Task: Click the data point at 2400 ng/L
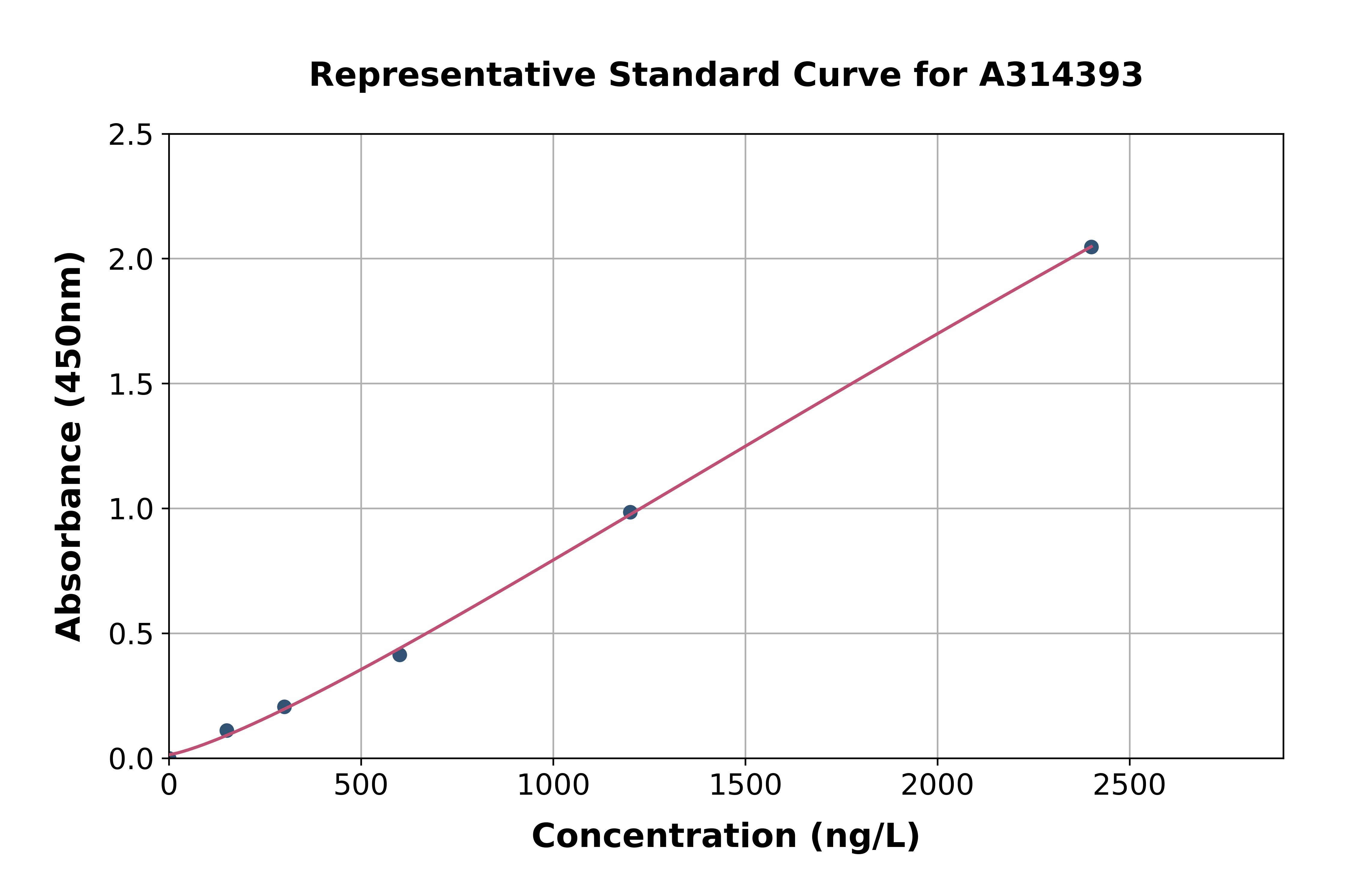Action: click(x=1091, y=247)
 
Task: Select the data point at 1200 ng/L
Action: click(x=630, y=512)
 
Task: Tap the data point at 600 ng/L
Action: click(x=400, y=655)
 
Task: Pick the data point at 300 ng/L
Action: click(x=284, y=707)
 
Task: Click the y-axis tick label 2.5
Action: click(x=131, y=135)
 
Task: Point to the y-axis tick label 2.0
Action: click(x=131, y=259)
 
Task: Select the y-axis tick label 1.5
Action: click(x=131, y=384)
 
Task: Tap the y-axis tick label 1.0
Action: click(x=131, y=509)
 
